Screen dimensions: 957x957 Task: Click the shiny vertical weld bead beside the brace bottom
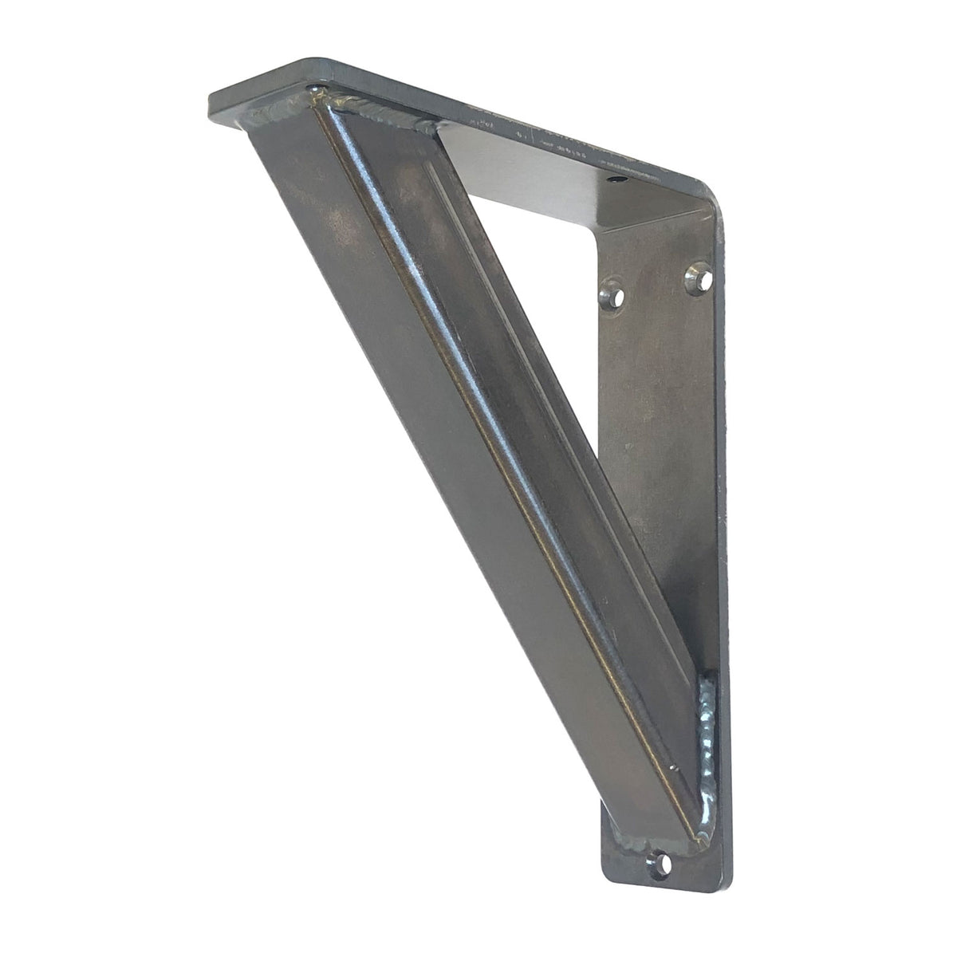(707, 742)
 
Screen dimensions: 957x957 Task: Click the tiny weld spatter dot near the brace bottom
(674, 769)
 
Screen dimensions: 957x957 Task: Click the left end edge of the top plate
(214, 102)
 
